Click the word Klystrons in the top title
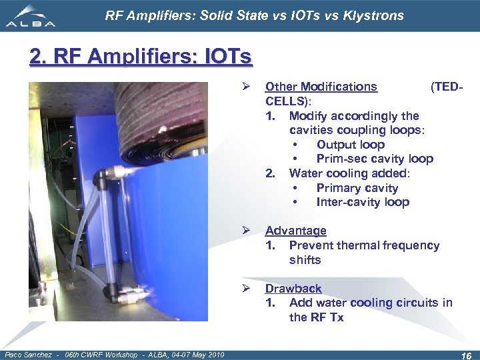pos(373,15)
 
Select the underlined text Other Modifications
pos(321,87)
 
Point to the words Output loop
pos(350,145)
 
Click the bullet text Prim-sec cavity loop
pos(374,159)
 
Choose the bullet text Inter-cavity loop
pos(362,202)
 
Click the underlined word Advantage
pos(295,231)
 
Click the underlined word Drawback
pos(293,289)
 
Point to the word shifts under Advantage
pos(305,260)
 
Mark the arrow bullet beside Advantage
pos(245,231)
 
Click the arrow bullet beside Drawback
pos(245,289)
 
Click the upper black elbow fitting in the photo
pos(103,176)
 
